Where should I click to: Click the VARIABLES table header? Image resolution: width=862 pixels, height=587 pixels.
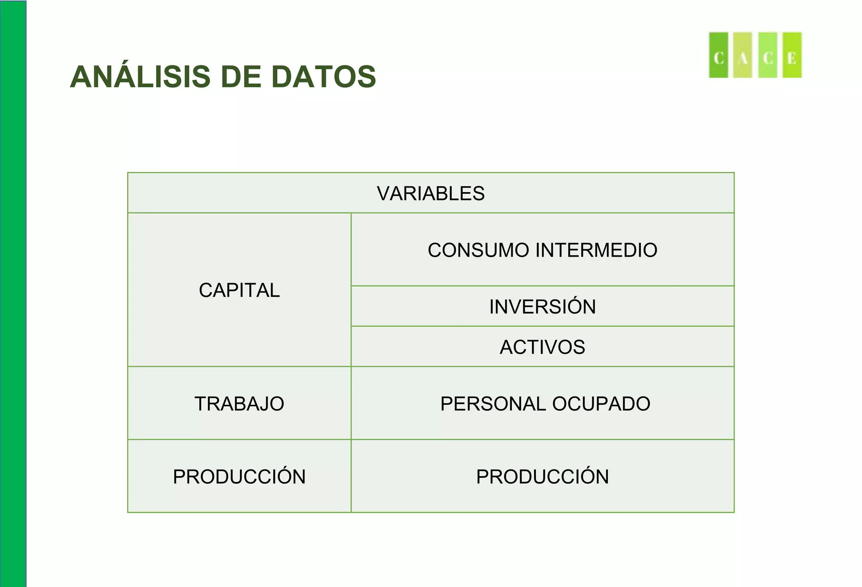(x=431, y=194)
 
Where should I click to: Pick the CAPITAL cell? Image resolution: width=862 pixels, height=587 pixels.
(x=239, y=290)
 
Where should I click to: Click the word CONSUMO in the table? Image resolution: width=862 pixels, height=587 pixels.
(x=478, y=250)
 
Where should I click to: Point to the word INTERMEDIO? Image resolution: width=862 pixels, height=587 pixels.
(x=596, y=250)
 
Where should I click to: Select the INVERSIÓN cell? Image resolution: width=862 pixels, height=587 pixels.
(x=542, y=307)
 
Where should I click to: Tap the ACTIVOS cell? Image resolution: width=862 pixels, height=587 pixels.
(x=542, y=347)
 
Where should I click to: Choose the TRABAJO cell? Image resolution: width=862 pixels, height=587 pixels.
(x=239, y=404)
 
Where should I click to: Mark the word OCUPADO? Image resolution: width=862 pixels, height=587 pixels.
(x=601, y=404)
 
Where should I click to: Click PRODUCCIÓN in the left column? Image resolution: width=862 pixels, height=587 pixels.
(x=239, y=477)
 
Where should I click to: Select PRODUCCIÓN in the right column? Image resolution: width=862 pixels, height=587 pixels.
(x=542, y=477)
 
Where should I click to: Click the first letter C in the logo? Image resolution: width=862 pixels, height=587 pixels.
(x=718, y=56)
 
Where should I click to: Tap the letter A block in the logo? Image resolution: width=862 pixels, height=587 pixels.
(x=742, y=56)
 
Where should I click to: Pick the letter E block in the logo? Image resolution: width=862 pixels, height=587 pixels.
(x=792, y=56)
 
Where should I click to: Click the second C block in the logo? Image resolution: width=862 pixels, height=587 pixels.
(x=767, y=56)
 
